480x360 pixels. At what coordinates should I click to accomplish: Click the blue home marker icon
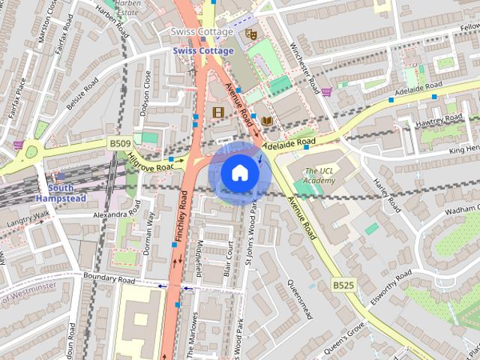239,173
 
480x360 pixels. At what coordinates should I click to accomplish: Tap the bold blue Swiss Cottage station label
202,50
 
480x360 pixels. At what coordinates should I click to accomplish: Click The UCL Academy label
319,175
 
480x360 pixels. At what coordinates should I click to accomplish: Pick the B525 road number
344,285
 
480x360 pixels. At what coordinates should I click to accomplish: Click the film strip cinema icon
218,112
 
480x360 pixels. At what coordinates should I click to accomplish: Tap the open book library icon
266,120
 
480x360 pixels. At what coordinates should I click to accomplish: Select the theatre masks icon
251,33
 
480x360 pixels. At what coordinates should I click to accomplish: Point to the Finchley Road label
182,215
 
